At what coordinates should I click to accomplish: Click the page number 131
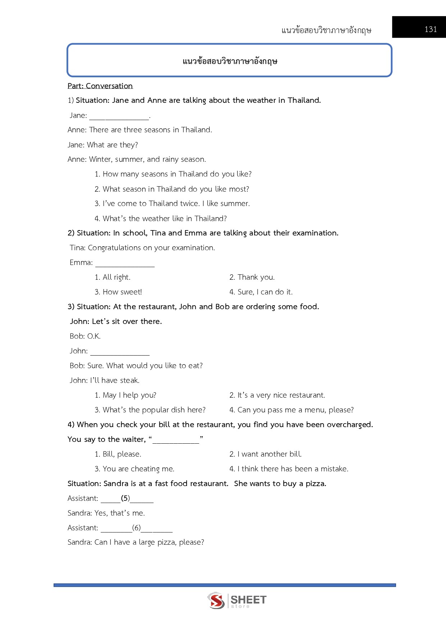tap(431, 29)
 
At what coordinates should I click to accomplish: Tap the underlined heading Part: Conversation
tap(100, 86)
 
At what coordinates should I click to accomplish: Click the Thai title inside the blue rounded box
tap(230, 61)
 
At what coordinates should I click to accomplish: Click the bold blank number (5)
tap(125, 498)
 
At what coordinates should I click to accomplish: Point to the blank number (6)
tap(136, 528)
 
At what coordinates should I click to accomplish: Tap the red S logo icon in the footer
tap(216, 600)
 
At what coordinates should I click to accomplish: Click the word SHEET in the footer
tap(249, 599)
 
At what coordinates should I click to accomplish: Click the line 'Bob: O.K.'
tap(85, 336)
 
